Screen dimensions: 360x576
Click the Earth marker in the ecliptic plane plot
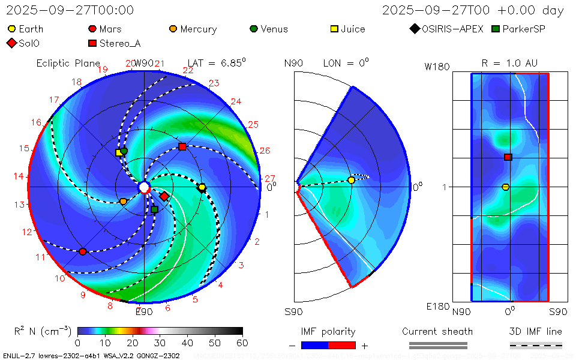click(x=202, y=188)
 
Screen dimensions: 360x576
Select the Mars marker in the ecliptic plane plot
click(x=83, y=251)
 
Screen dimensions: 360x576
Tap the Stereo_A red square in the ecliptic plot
click(x=182, y=147)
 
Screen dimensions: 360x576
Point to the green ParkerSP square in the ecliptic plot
click(x=154, y=209)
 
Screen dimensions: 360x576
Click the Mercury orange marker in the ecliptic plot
click(x=123, y=202)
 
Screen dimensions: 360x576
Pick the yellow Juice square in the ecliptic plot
click(x=119, y=152)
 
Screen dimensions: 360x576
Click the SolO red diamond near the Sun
click(x=164, y=196)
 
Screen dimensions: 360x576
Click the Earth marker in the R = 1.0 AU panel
click(x=505, y=187)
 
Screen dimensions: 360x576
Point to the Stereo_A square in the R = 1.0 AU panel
click(x=508, y=157)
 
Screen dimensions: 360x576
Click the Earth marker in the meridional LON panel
click(x=352, y=180)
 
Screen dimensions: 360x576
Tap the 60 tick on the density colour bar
click(x=242, y=343)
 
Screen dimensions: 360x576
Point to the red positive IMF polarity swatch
click(x=342, y=346)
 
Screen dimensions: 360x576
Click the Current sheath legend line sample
click(x=437, y=346)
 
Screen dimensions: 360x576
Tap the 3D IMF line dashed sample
click(x=536, y=346)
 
